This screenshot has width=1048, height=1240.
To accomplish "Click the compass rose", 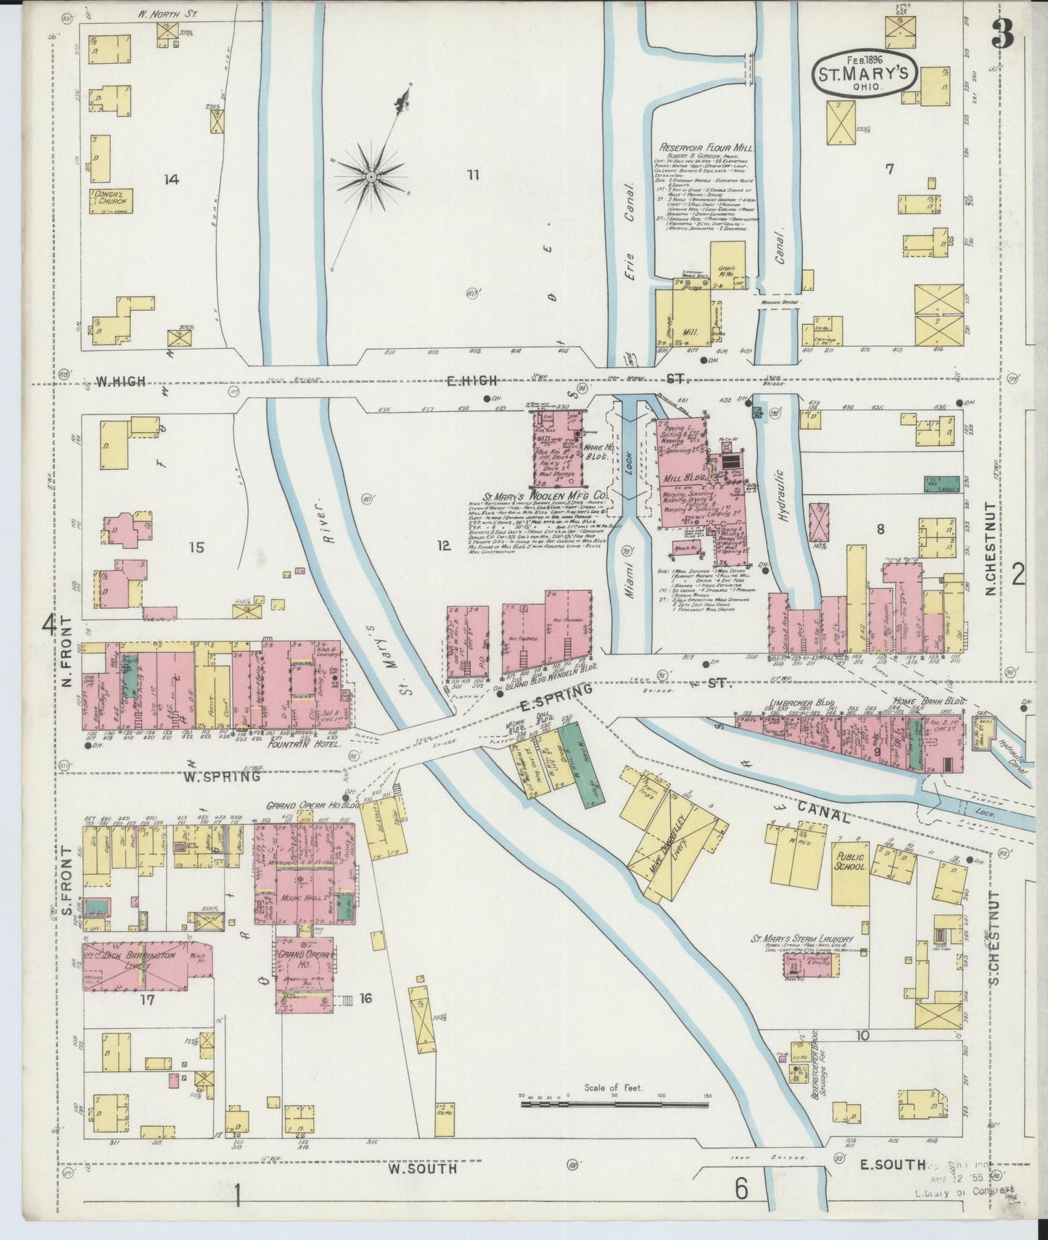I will click(371, 176).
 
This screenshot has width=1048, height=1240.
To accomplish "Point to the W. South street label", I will click(422, 1168).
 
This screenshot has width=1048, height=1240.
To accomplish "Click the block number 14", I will click(172, 179).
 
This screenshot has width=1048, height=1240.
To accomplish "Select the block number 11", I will click(473, 174).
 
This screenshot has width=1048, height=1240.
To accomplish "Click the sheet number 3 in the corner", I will click(1004, 34).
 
